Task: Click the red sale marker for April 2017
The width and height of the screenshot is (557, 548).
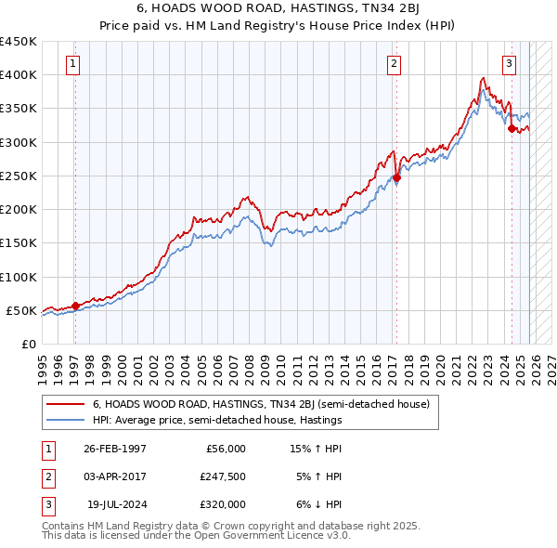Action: pos(396,177)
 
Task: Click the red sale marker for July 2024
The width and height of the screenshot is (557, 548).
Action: pos(512,129)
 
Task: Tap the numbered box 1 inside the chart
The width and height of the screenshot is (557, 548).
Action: pos(72,64)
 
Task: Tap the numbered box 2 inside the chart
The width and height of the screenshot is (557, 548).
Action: pos(395,64)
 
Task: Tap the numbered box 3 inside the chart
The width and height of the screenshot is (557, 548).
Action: pos(510,64)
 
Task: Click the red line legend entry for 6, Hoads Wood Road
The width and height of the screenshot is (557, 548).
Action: pos(260,405)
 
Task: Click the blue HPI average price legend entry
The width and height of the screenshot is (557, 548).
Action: pos(217,421)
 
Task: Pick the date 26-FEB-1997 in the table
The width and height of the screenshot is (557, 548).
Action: pos(115,449)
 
